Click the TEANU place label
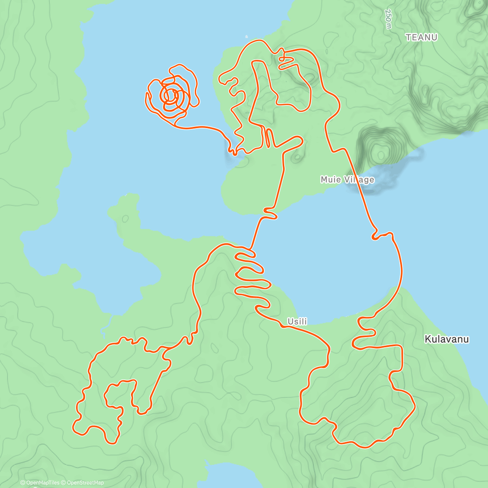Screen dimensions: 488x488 pyautogui.click(x=421, y=37)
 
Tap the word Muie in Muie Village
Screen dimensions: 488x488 pyautogui.click(x=330, y=179)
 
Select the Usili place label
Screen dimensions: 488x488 pyautogui.click(x=297, y=322)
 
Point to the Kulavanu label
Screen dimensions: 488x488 pyautogui.click(x=447, y=339)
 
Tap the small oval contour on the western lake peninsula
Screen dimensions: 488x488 pyautogui.click(x=125, y=219)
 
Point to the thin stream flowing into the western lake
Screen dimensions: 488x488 pyautogui.click(x=107, y=325)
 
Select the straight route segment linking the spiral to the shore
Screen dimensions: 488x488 pyautogui.click(x=199, y=127)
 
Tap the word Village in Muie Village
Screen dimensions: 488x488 pyautogui.click(x=359, y=179)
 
